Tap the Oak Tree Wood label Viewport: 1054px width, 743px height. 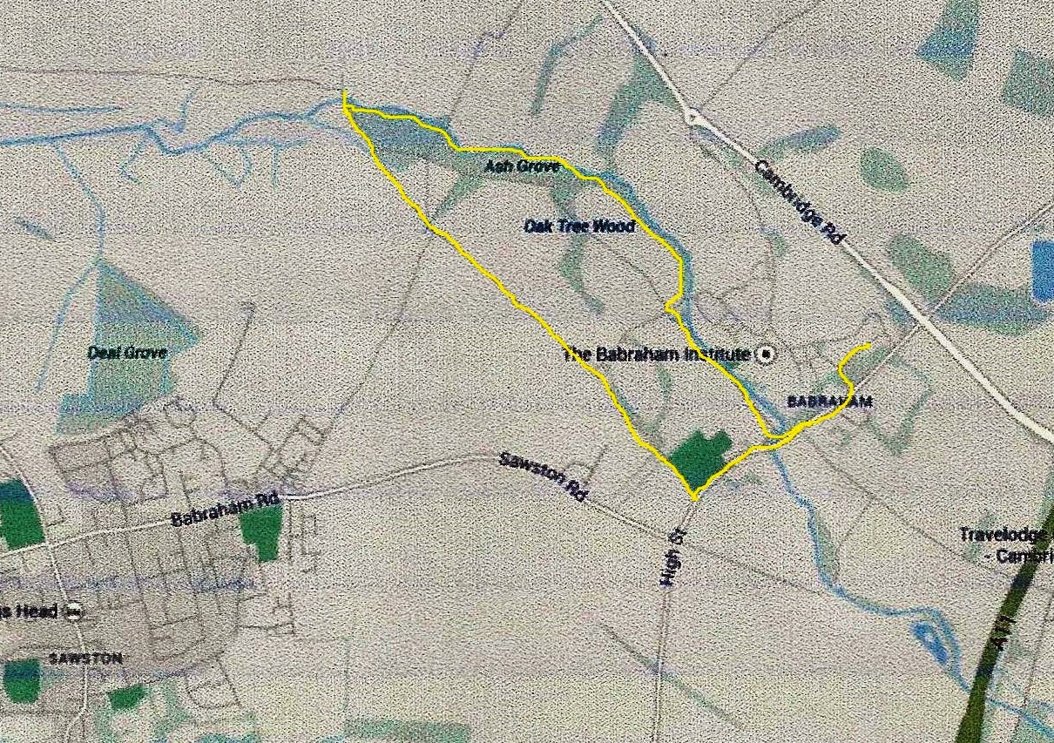[579, 226]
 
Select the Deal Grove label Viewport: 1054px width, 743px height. [127, 353]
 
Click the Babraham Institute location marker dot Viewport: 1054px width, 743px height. [766, 354]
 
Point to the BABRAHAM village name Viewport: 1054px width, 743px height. [829, 402]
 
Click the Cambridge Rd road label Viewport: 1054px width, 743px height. [801, 201]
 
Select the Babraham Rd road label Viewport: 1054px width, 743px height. [225, 510]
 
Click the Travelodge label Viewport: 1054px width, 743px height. [1005, 534]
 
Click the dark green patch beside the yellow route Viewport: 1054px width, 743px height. [701, 458]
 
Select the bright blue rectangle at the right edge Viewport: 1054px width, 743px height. [1043, 271]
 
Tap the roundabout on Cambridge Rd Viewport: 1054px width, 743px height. [693, 116]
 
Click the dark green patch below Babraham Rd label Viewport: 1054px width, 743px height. [260, 531]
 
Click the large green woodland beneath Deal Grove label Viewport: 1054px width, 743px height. [122, 392]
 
